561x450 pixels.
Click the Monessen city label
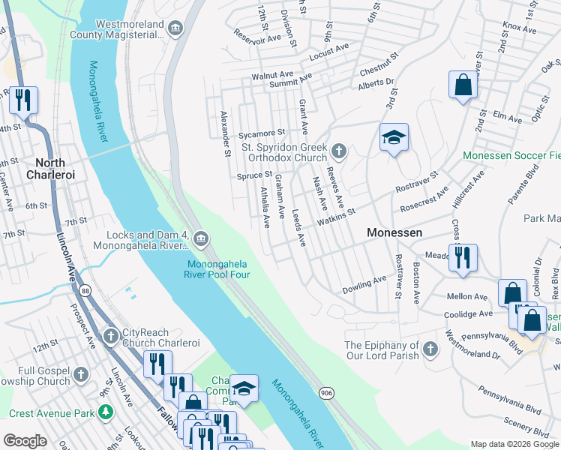[x=394, y=233]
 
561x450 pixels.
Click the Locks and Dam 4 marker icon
[x=200, y=239]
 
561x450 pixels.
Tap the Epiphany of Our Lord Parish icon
[x=430, y=349]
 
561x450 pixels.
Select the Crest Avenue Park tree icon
[x=106, y=412]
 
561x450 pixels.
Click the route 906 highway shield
[x=325, y=391]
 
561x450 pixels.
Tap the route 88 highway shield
[x=86, y=290]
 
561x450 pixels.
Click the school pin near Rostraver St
[x=394, y=138]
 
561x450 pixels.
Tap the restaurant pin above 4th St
[x=23, y=99]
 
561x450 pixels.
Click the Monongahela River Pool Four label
[x=218, y=268]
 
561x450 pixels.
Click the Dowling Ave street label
[x=364, y=283]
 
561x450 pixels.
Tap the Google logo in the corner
[x=25, y=441]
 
